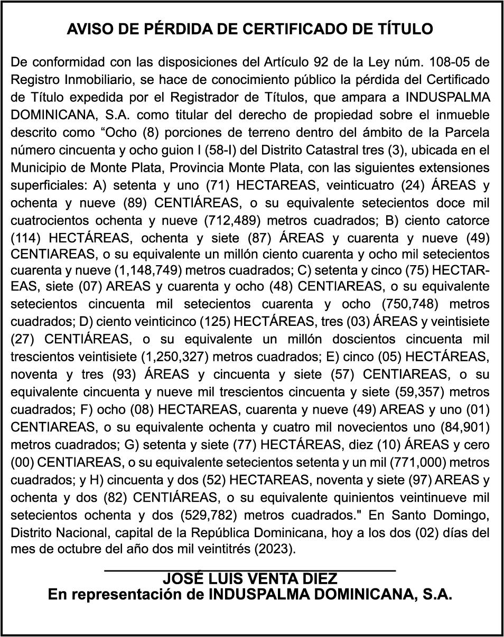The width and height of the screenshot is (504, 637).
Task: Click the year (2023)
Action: [274, 548]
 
